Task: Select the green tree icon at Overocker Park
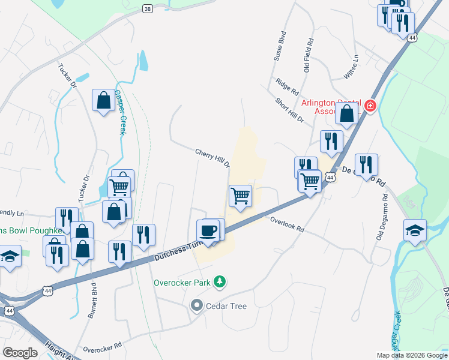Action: click(221, 281)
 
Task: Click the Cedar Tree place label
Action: click(226, 306)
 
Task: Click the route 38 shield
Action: click(148, 9)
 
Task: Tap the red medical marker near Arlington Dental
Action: click(370, 106)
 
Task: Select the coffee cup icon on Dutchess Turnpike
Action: click(208, 230)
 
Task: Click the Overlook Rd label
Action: click(287, 225)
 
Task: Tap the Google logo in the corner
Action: click(20, 353)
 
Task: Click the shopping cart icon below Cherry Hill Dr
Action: click(240, 196)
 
